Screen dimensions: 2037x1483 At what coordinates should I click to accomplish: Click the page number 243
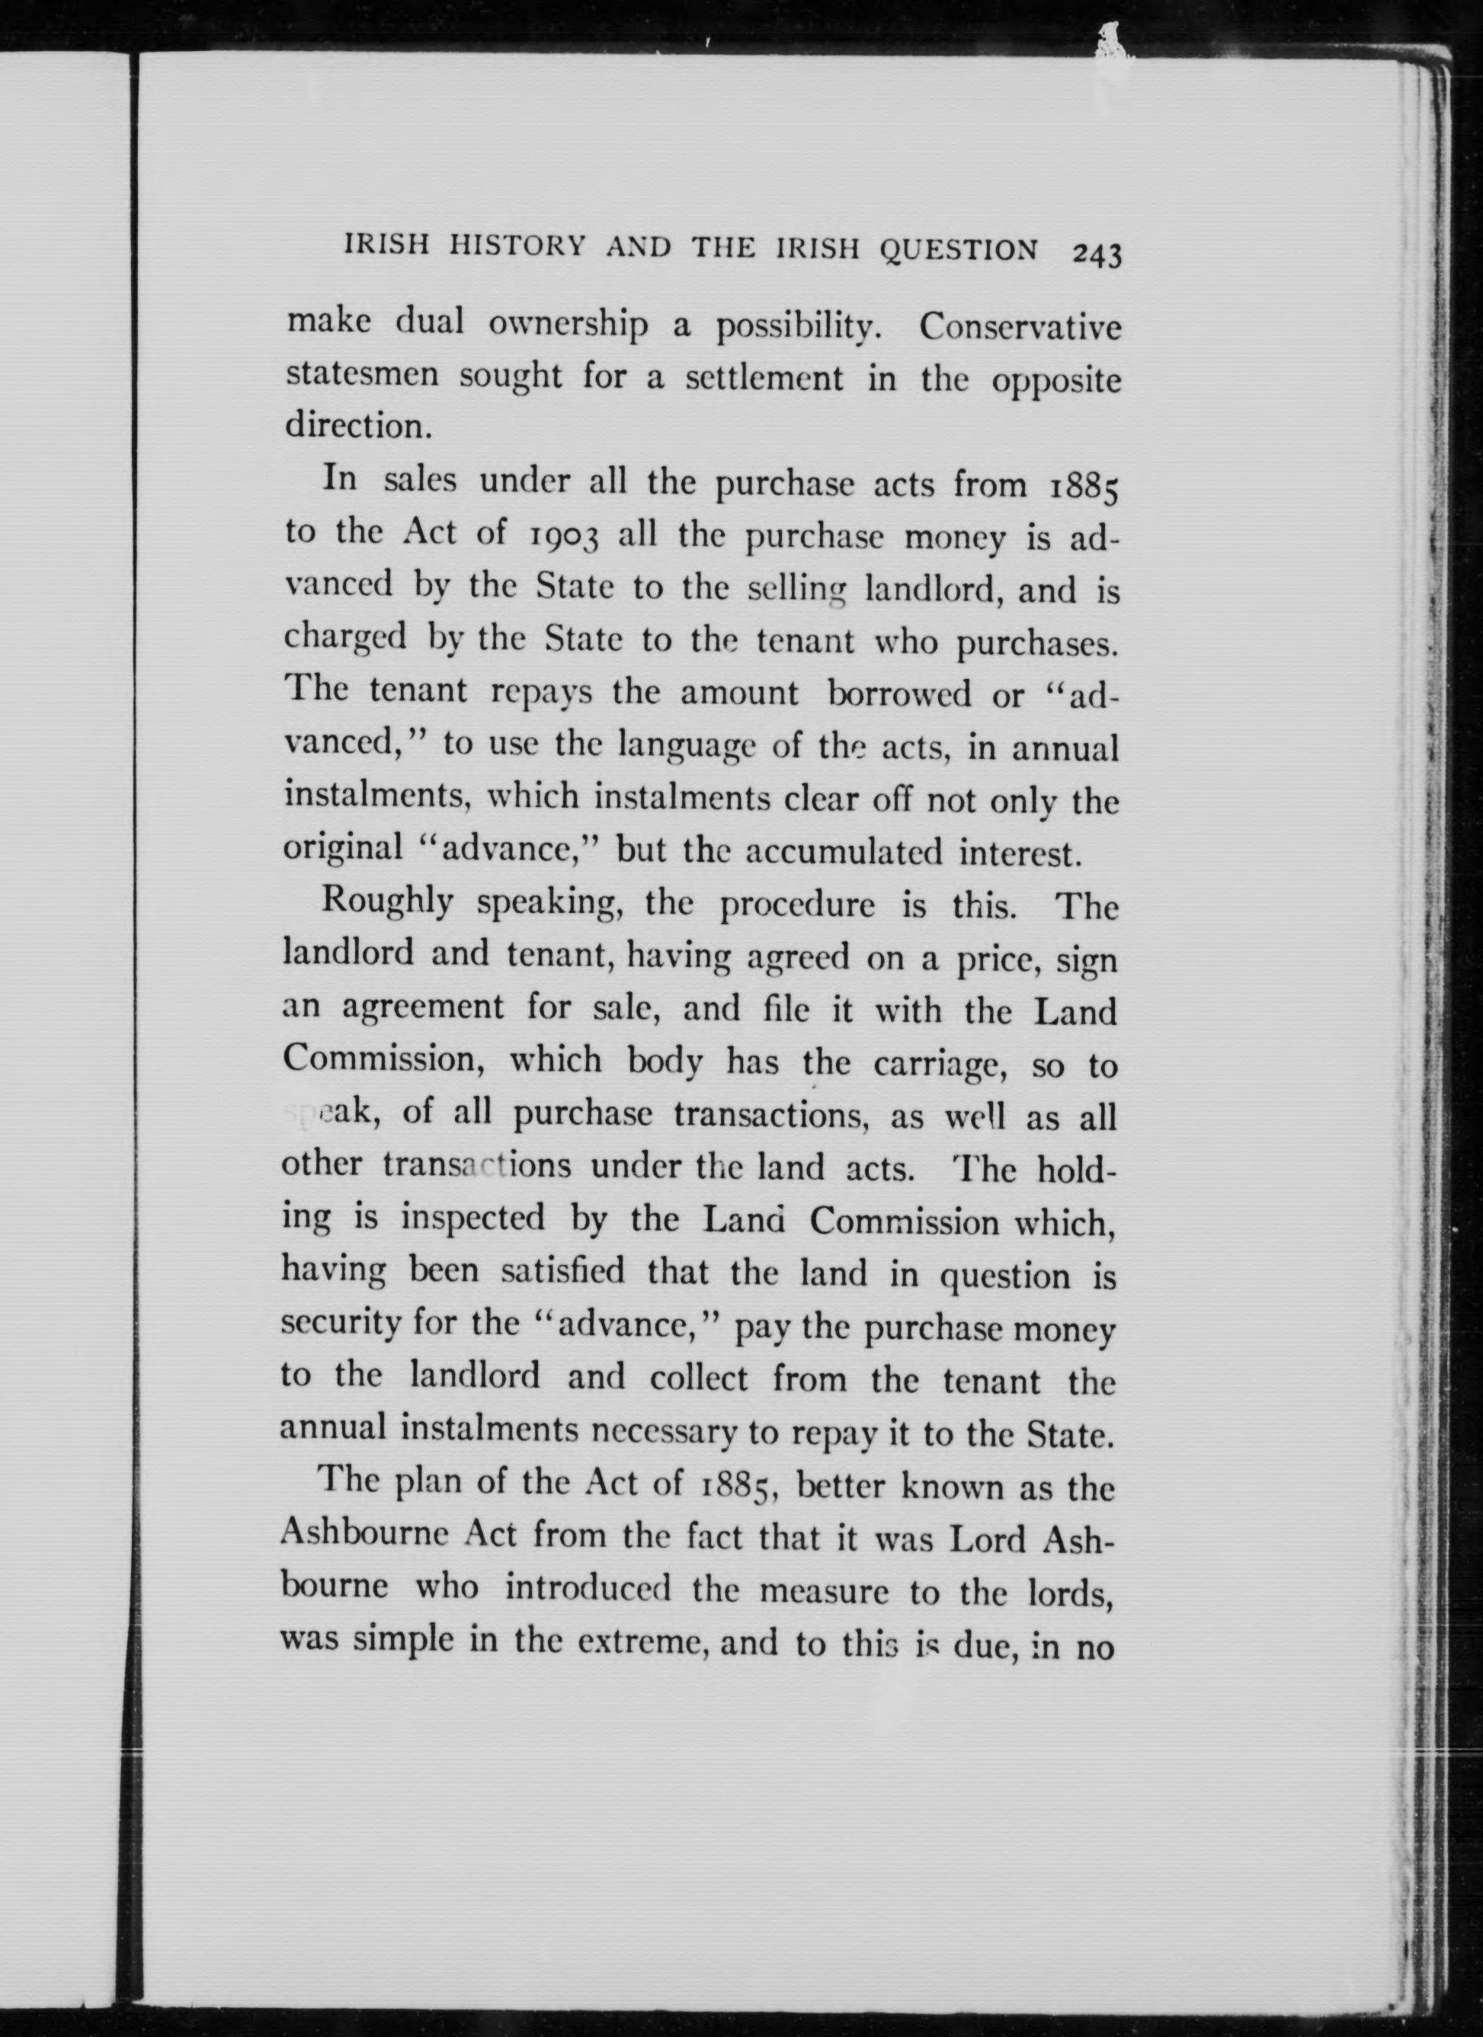click(1097, 255)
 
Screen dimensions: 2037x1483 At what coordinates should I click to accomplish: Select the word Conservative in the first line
click(1020, 327)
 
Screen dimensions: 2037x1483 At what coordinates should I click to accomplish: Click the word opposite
click(1056, 381)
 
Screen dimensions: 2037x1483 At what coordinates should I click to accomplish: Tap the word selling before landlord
click(799, 589)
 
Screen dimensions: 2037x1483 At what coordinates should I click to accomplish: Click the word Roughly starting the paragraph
click(388, 902)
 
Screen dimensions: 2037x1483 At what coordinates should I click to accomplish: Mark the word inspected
click(472, 1219)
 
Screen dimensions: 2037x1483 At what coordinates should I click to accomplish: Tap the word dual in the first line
click(431, 322)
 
